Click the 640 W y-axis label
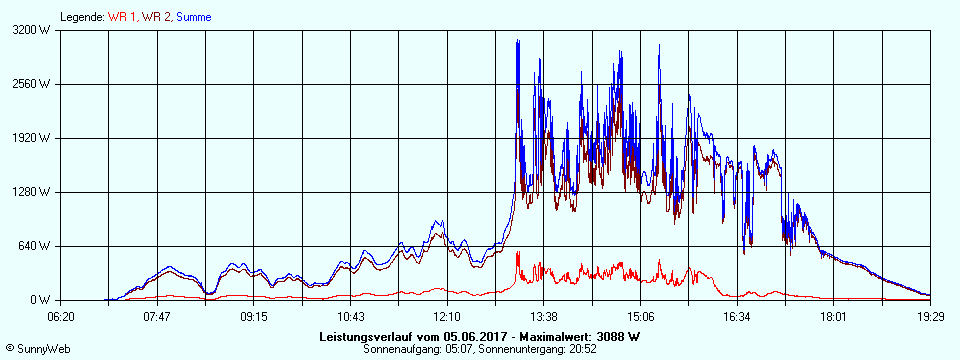(x=37, y=246)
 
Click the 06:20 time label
(x=60, y=317)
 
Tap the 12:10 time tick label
(x=446, y=317)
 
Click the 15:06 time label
(x=640, y=317)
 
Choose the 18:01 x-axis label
(x=833, y=317)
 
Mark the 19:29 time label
(x=929, y=317)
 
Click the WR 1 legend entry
(x=123, y=17)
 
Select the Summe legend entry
(x=194, y=17)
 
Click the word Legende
(x=81, y=17)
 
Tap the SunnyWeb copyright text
(x=33, y=349)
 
